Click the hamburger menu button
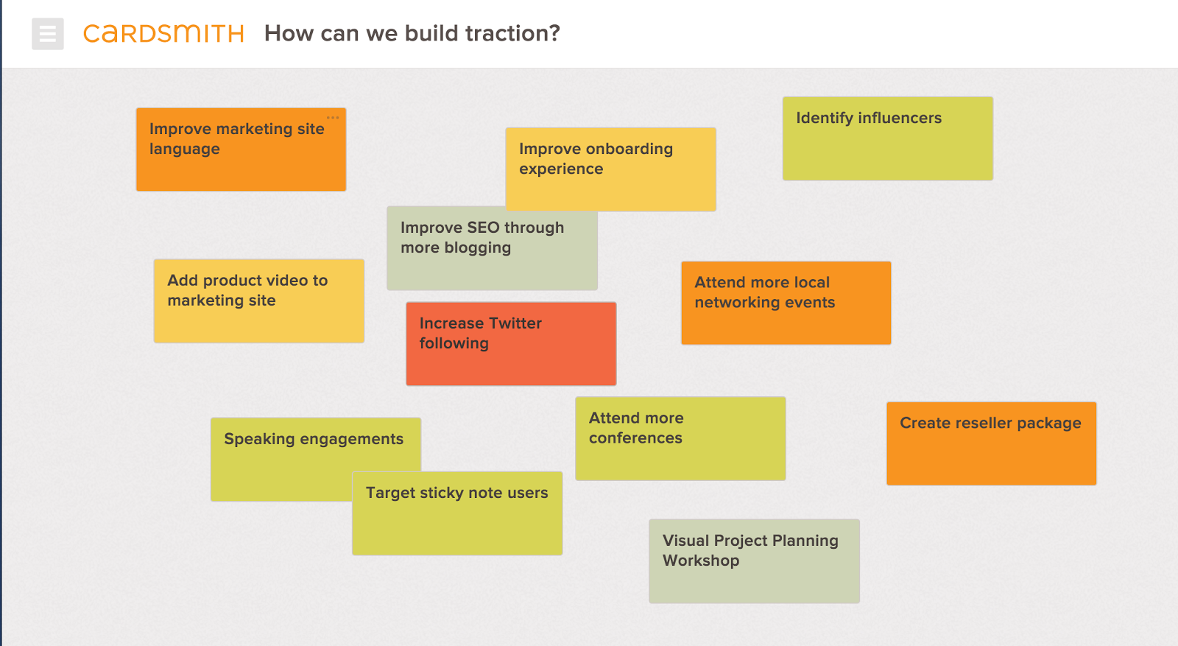point(47,34)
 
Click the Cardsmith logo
point(163,34)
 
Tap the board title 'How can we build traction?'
point(412,33)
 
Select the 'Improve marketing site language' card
point(241,150)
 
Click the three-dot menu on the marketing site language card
point(332,117)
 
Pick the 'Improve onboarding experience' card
point(610,169)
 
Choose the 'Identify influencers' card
point(888,138)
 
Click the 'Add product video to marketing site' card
point(258,301)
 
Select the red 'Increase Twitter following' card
point(511,343)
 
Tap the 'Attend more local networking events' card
point(786,303)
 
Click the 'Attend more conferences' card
point(680,438)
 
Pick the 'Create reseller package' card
point(991,443)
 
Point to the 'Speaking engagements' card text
point(314,439)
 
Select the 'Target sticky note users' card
point(457,513)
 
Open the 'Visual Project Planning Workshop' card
point(754,561)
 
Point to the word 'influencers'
point(899,118)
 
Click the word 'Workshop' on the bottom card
point(701,561)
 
